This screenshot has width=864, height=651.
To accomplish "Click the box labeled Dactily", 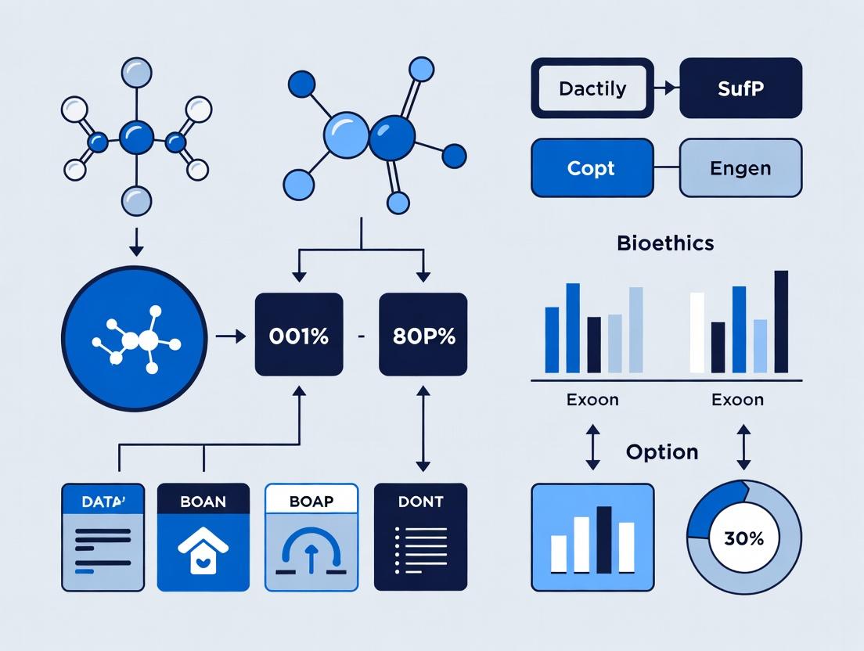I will coord(592,88).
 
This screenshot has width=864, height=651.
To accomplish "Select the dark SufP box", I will coord(740,88).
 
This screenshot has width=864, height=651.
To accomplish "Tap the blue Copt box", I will coord(592,167).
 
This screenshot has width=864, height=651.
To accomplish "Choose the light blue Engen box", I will coord(740,167).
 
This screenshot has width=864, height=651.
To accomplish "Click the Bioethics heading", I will coord(665,243).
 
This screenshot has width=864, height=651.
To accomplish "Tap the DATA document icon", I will coord(103,537).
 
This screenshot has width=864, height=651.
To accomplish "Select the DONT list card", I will coord(421,537).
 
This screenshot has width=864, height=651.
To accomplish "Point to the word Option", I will coord(662,452).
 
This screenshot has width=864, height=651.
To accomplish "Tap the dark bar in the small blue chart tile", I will coord(603,539).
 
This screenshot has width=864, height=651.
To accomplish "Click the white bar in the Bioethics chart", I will coord(697,333).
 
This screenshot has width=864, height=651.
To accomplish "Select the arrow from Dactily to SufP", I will coord(665,88).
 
